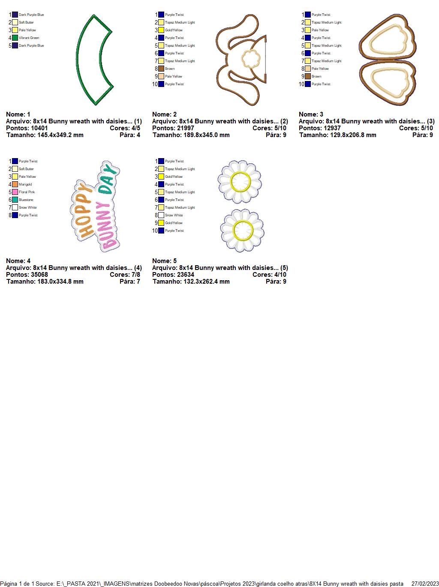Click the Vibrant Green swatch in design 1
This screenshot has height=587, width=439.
coord(15,38)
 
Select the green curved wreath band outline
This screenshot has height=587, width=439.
coord(94,60)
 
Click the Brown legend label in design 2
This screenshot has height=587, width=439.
coord(170,69)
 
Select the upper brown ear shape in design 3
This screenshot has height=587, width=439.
coord(388,37)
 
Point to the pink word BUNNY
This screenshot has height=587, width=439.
coord(105,226)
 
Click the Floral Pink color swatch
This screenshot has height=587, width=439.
coord(15,192)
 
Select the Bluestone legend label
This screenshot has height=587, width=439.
coord(26,200)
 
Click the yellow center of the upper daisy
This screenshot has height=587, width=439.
coord(240,182)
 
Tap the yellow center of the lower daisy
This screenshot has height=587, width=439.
coord(243,230)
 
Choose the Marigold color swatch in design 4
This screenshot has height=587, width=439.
coord(15,184)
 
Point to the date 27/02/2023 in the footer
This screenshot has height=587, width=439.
coord(425,584)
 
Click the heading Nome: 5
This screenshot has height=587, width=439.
coord(164,261)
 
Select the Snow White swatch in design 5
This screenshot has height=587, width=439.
coord(161,215)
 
